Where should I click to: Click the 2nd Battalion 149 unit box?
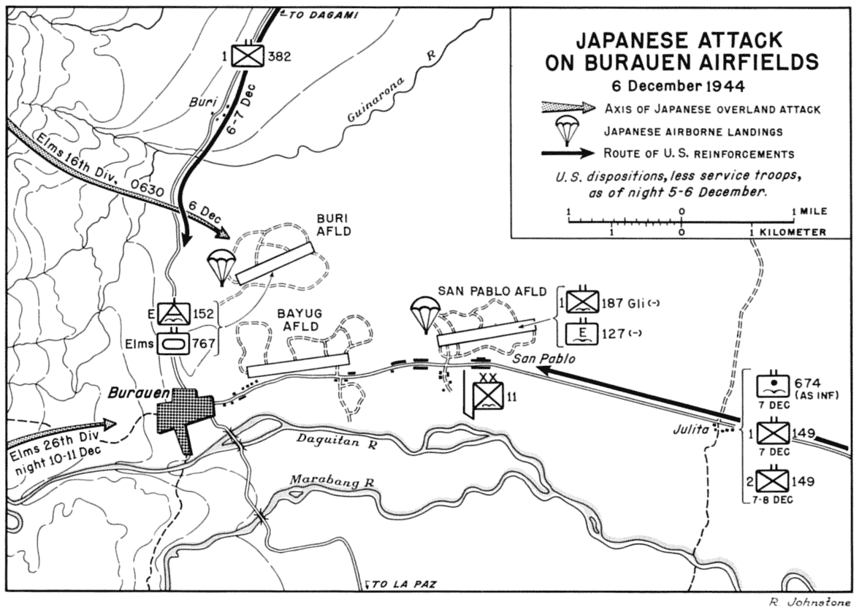(x=773, y=481)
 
